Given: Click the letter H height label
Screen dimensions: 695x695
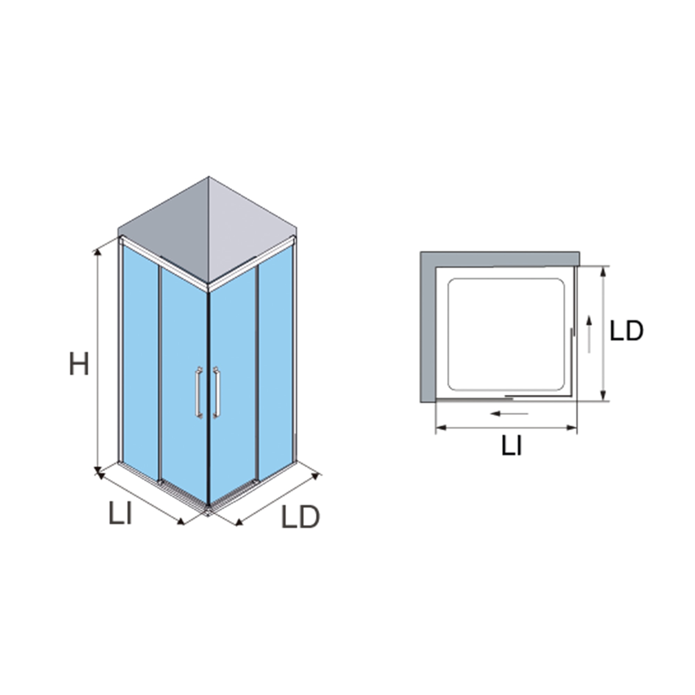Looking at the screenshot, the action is pos(79,364).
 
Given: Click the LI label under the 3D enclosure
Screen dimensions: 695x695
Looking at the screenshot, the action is pos(121,514).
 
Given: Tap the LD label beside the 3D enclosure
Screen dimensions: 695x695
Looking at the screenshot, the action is pos(300,517).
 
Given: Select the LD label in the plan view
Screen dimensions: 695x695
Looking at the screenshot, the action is pos(626,330).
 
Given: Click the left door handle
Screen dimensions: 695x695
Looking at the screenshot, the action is pos(199,392).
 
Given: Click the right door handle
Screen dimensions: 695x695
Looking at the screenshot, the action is pos(216,392).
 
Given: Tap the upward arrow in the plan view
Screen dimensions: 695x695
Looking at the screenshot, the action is pos(589,334).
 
